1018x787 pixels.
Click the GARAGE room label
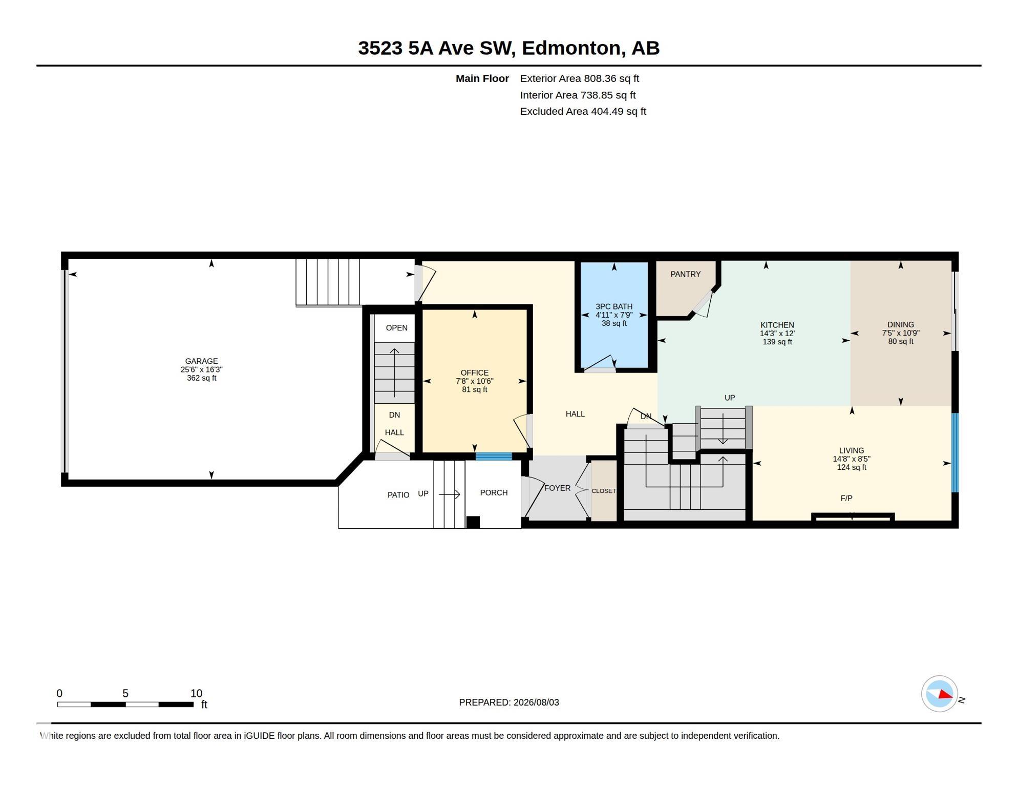pyautogui.click(x=201, y=361)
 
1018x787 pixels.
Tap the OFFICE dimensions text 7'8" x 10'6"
pyautogui.click(x=475, y=381)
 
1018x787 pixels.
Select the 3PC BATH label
pyautogui.click(x=614, y=306)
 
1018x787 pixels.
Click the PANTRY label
pyautogui.click(x=685, y=274)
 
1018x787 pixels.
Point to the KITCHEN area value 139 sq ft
pyautogui.click(x=777, y=342)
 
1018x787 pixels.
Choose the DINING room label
pyautogui.click(x=901, y=324)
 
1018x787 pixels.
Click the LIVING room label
pyautogui.click(x=852, y=450)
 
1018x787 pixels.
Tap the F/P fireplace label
pyautogui.click(x=846, y=498)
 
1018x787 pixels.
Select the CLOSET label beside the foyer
pyautogui.click(x=604, y=491)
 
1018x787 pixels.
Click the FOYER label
pyautogui.click(x=557, y=488)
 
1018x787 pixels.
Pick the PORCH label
pyautogui.click(x=494, y=492)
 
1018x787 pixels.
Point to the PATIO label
pyautogui.click(x=398, y=495)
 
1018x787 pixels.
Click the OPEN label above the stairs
pyautogui.click(x=397, y=328)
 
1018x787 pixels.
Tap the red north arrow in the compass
pyautogui.click(x=945, y=695)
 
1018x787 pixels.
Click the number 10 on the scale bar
pyautogui.click(x=197, y=693)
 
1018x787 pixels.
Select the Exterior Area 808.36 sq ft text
pyautogui.click(x=580, y=78)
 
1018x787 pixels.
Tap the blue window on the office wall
pyautogui.click(x=494, y=456)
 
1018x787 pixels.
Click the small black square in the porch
pyautogui.click(x=473, y=522)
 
